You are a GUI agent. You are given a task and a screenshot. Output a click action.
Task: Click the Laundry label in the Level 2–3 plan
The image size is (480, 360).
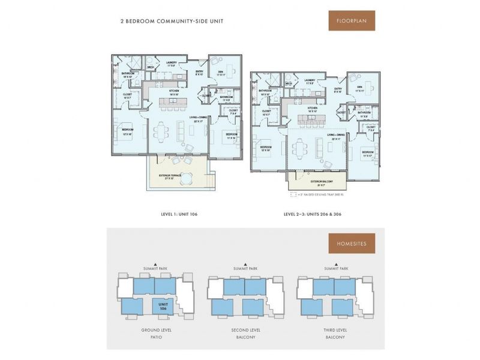pyautogui.click(x=310, y=81)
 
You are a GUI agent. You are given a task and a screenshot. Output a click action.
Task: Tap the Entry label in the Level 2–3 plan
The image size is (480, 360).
pyautogui.click(x=338, y=90)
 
